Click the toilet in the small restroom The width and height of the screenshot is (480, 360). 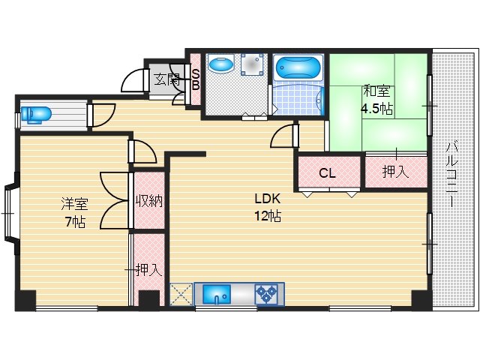[35, 115]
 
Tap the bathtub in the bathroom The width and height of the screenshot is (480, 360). [298, 68]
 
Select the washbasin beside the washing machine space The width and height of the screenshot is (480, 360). [221, 64]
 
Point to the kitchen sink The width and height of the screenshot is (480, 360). [217, 294]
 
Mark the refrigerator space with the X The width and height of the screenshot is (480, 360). [181, 294]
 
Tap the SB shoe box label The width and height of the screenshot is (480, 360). [196, 79]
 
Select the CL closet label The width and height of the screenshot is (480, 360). [327, 173]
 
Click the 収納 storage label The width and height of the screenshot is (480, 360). [149, 201]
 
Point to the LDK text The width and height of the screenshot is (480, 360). [268, 199]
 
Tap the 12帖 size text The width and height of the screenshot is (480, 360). [268, 217]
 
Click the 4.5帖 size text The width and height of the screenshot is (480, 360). [376, 108]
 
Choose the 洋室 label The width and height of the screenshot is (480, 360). [75, 204]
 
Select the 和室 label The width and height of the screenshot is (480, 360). [376, 91]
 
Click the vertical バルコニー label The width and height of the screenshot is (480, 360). [451, 175]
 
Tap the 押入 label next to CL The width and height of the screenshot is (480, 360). [396, 172]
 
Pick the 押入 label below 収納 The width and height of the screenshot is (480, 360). [148, 270]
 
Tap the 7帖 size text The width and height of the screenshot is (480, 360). [75, 222]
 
